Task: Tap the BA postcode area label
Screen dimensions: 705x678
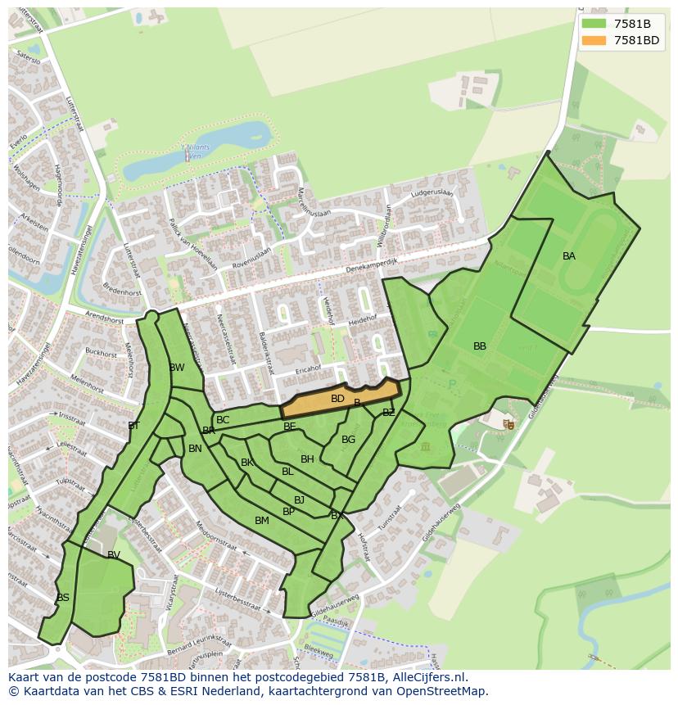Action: tap(569, 256)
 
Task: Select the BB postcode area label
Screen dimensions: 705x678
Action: tap(480, 346)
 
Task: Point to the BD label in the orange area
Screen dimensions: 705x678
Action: tap(337, 399)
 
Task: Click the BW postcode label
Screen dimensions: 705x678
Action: tap(177, 368)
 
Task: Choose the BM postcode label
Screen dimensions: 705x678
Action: tap(262, 521)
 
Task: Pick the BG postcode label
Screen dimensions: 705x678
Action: tap(349, 440)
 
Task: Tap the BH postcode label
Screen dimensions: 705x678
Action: tap(307, 459)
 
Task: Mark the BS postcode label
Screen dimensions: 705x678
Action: tap(63, 598)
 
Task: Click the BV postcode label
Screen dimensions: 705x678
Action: tap(114, 555)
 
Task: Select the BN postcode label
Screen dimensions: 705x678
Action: tap(195, 449)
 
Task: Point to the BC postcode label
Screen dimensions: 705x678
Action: tap(223, 420)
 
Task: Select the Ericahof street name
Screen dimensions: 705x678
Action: tap(308, 370)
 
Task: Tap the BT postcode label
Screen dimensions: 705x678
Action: tap(134, 426)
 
